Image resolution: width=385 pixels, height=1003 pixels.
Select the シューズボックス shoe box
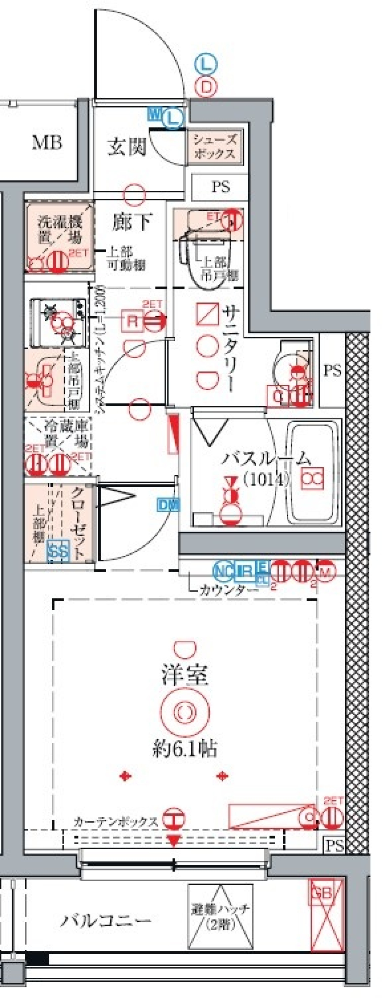click(x=215, y=147)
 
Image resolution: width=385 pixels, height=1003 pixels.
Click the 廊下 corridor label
click(x=132, y=222)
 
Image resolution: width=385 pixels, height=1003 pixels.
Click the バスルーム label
click(x=266, y=459)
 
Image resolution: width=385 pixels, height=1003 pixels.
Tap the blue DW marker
click(x=168, y=506)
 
